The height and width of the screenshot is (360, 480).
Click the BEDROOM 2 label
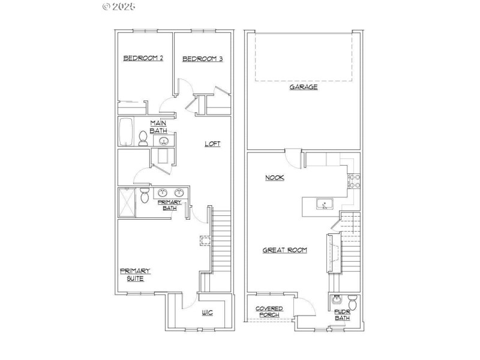143,58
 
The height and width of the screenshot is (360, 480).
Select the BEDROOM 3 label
203,59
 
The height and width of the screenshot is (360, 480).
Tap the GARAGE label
304,87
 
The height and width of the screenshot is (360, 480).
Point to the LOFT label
212,143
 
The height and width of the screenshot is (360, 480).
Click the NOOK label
275,178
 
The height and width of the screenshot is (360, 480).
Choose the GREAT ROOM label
285,250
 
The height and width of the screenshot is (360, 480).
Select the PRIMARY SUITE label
135,275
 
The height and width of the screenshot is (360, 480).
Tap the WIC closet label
207,313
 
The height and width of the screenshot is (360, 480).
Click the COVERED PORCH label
269,311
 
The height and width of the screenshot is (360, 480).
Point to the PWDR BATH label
342,314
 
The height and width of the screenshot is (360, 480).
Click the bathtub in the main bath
126,131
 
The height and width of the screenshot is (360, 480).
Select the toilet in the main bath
143,139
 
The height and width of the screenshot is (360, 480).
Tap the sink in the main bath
163,142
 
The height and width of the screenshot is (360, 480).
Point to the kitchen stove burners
353,181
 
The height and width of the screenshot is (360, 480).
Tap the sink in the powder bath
337,300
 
